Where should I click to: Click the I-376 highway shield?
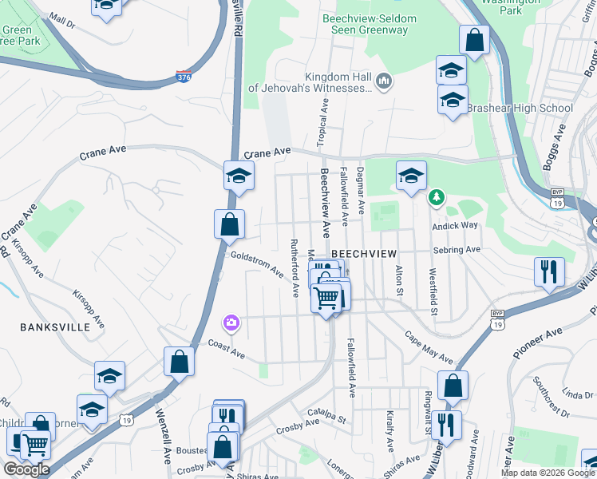pyautogui.click(x=184, y=76)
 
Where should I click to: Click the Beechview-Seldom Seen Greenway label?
pyautogui.click(x=366, y=24)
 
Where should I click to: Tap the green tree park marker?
pyautogui.click(x=436, y=197)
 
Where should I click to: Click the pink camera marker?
pyautogui.click(x=230, y=323)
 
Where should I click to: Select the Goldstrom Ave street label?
pyautogui.click(x=257, y=264)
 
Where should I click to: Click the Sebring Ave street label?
pyautogui.click(x=457, y=250)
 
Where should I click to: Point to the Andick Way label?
pyautogui.click(x=454, y=225)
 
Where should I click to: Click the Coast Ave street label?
pyautogui.click(x=226, y=349)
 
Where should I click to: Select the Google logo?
pyautogui.click(x=26, y=469)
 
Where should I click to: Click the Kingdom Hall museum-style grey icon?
pyautogui.click(x=384, y=80)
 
